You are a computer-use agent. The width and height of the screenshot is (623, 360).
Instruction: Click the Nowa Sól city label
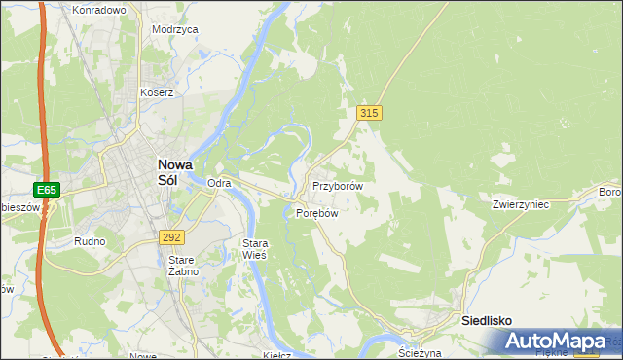174,172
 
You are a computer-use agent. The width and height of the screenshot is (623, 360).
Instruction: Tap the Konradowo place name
99,10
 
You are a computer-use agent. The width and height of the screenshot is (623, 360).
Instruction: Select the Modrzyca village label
175,29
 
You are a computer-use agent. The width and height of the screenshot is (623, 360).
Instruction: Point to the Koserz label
156,93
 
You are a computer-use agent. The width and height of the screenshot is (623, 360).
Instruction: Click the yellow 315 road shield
368,114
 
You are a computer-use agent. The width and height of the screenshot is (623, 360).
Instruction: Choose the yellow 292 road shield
171,236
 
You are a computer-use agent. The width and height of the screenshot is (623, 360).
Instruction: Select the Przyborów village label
338,186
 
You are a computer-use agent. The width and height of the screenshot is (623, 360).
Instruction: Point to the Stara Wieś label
254,248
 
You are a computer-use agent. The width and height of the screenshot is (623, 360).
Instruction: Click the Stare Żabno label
183,266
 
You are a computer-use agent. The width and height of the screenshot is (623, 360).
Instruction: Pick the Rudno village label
89,240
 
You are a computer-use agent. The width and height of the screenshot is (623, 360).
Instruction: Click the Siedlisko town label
486,320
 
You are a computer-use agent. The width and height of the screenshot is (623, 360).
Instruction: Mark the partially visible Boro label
610,192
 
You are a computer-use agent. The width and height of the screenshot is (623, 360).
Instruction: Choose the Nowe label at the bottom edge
142,355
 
